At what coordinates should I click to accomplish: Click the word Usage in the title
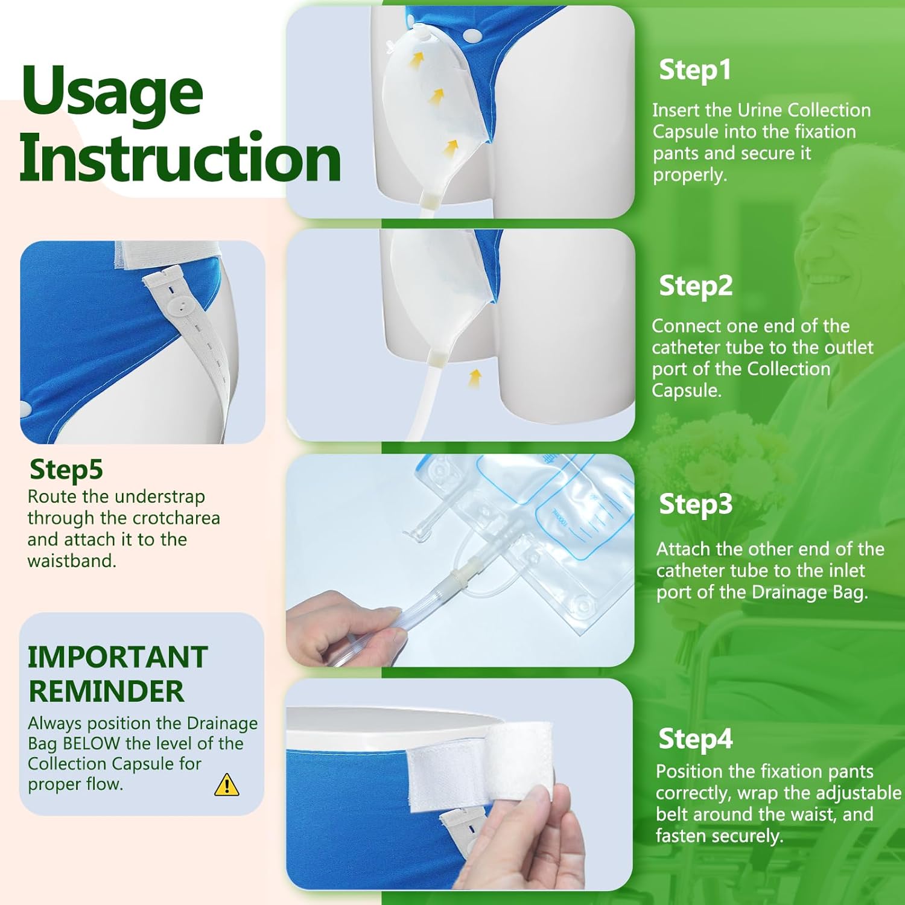tap(112, 91)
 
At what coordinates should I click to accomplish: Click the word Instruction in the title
tap(180, 157)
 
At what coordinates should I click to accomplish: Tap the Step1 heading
tap(695, 70)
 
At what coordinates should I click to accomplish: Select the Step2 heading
tap(696, 286)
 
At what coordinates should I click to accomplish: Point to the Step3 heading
tap(696, 504)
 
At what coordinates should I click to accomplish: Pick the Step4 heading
tap(696, 739)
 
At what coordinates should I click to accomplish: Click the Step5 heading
tap(66, 470)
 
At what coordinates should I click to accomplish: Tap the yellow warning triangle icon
tap(227, 785)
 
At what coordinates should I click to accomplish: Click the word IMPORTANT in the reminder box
tap(118, 657)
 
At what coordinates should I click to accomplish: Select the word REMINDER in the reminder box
tap(106, 691)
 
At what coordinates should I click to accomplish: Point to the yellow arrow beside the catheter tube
tap(475, 378)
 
